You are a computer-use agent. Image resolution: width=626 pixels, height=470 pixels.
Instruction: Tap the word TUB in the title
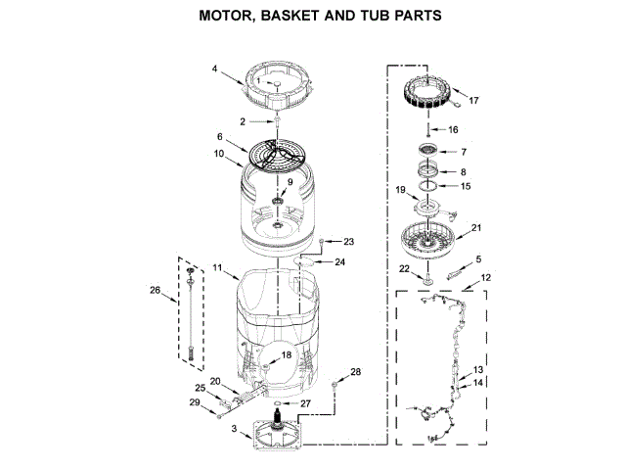tap(371, 17)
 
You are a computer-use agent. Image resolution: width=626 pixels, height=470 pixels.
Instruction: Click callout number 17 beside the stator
tap(474, 101)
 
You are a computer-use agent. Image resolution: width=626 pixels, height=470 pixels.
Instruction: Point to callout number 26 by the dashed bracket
tap(154, 290)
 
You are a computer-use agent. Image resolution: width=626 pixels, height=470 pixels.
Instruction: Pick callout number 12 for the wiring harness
tap(485, 278)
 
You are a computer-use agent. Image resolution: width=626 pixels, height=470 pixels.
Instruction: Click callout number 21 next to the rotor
tap(476, 228)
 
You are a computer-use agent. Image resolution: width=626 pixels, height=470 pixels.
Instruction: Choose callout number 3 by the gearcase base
tap(234, 429)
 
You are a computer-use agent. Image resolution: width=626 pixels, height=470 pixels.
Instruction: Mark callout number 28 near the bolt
tap(355, 371)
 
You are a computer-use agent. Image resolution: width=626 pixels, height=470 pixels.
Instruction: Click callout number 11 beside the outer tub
tap(217, 267)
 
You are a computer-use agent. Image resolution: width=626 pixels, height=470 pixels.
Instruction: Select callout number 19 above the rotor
tap(400, 189)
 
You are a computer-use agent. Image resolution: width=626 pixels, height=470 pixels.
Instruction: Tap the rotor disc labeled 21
tap(428, 241)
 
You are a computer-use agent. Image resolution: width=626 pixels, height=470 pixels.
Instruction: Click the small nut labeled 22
tap(426, 283)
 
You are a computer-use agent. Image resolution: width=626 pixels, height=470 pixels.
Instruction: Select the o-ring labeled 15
tap(426, 185)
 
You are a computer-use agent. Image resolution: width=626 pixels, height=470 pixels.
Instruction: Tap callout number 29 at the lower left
tap(195, 402)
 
